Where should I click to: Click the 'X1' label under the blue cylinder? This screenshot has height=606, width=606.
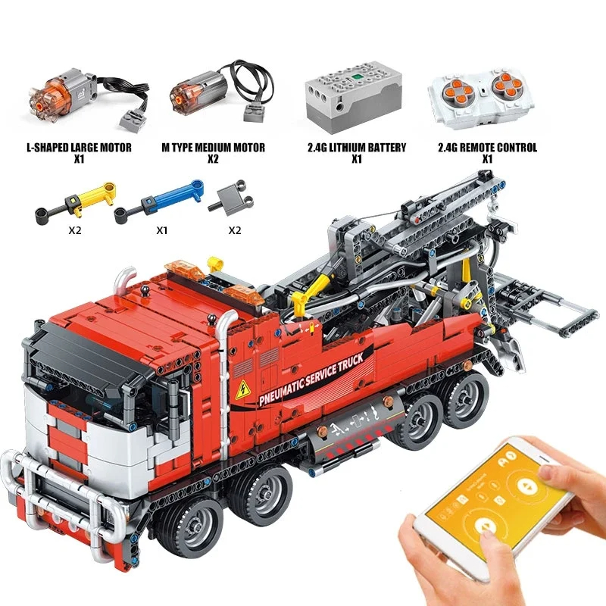(161, 230)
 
